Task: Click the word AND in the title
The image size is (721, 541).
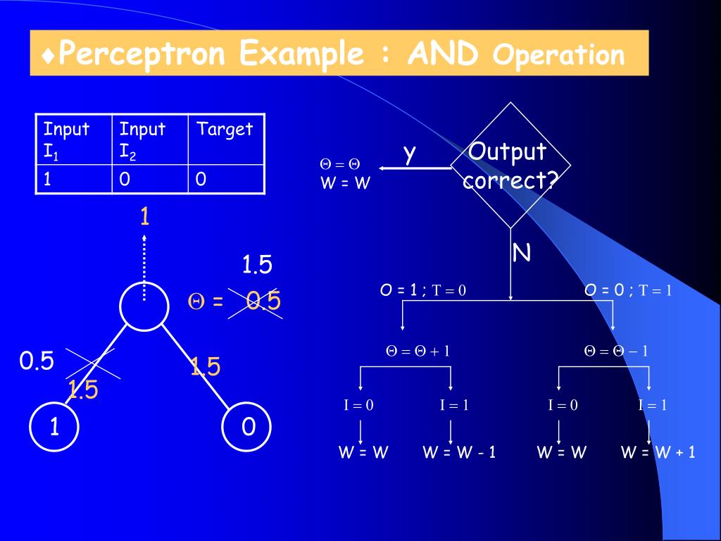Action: (443, 54)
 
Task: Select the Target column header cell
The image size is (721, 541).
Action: (225, 139)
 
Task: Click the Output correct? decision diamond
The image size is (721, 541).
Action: (510, 166)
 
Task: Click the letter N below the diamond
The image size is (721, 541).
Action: (522, 252)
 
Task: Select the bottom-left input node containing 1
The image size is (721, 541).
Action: (54, 427)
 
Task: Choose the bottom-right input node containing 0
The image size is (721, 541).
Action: (247, 427)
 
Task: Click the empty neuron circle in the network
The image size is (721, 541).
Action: (144, 305)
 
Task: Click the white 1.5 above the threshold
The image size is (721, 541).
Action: (257, 265)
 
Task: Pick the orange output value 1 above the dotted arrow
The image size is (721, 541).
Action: (144, 216)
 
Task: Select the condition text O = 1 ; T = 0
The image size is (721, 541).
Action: (423, 290)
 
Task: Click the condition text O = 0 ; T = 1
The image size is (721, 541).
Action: (628, 290)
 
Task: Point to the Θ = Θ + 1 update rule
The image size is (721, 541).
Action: (418, 351)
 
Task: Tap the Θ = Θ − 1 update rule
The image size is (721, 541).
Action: (616, 351)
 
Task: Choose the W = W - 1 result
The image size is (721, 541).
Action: (459, 452)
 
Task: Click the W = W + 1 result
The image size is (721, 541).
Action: (658, 452)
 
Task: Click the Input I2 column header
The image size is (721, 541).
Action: (149, 139)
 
